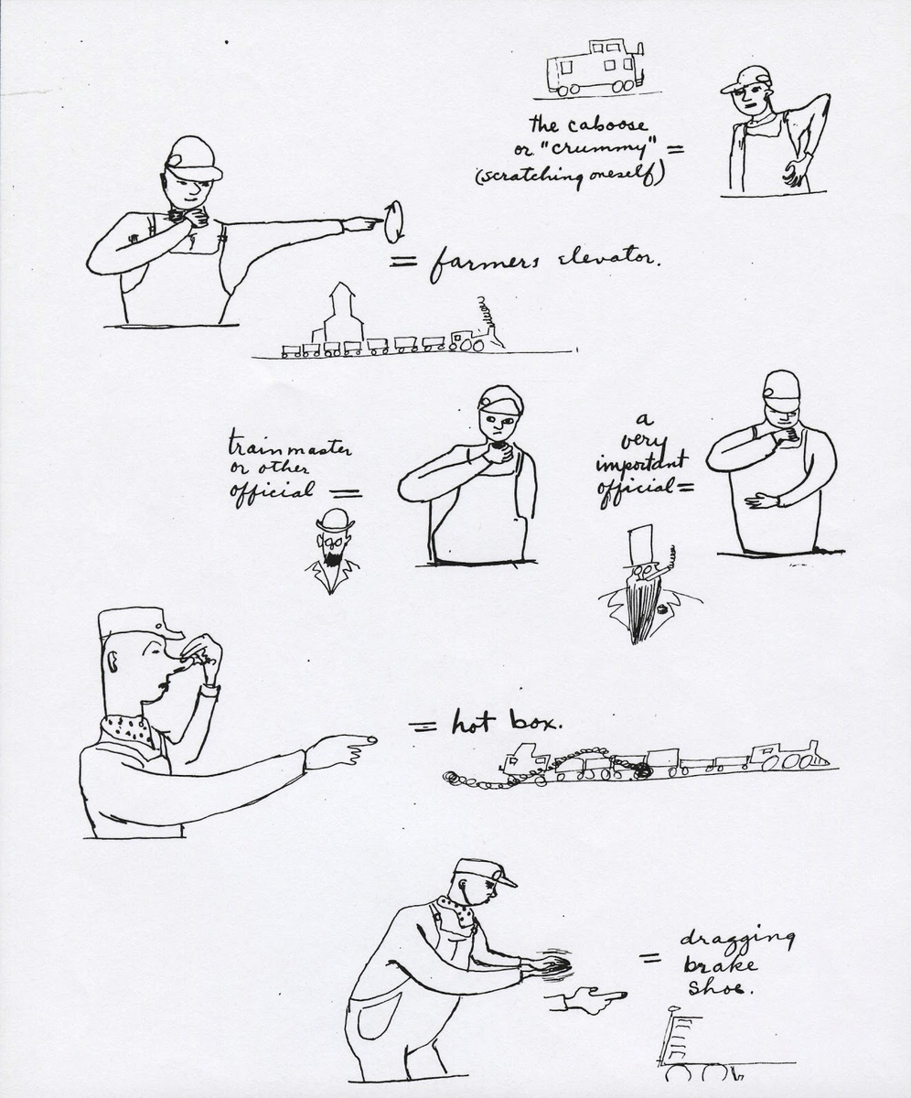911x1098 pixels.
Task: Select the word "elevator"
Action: click(x=603, y=259)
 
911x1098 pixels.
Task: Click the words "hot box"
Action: click(x=505, y=724)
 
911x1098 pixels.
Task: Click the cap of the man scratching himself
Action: click(x=747, y=80)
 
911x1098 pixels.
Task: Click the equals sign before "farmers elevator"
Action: click(x=402, y=262)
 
